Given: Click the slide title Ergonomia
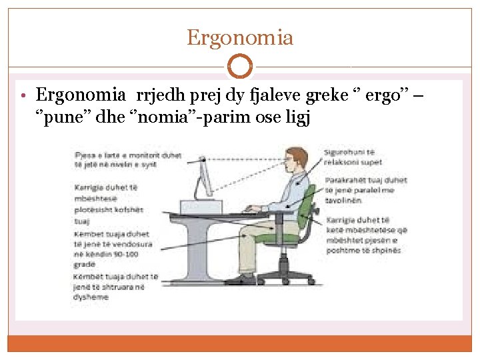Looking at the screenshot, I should click(239, 37).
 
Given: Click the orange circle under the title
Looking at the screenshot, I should click(239, 67).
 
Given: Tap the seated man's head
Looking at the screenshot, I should click(297, 160).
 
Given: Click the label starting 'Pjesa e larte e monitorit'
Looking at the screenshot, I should click(127, 159).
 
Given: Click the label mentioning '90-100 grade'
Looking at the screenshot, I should click(113, 249).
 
